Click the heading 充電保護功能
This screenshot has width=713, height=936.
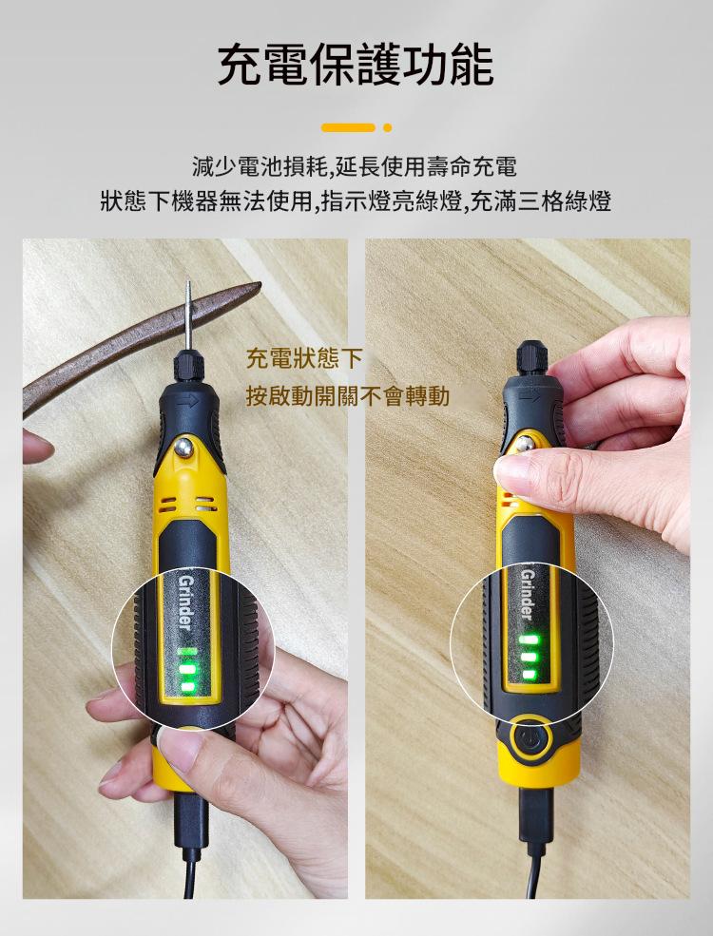(356, 65)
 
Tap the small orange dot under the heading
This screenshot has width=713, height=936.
(388, 127)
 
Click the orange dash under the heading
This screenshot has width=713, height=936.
(348, 127)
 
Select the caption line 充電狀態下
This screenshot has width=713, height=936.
(304, 359)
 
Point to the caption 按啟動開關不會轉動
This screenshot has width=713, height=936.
(348, 395)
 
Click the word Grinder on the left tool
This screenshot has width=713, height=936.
(185, 602)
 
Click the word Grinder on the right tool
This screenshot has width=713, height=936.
(527, 595)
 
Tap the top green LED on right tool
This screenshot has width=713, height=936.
(530, 640)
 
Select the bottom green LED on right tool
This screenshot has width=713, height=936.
(530, 675)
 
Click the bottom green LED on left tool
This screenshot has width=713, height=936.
(187, 686)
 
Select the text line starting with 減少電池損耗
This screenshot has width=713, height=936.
(356, 166)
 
